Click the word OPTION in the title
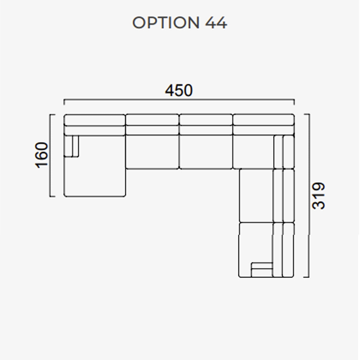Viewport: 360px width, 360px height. click(x=166, y=23)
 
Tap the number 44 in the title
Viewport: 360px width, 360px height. click(x=216, y=23)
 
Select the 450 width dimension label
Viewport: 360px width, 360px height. click(x=179, y=90)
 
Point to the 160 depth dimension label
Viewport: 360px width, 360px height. click(x=41, y=155)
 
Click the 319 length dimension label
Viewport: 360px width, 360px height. click(x=319, y=196)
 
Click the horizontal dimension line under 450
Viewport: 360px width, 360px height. click(x=179, y=99)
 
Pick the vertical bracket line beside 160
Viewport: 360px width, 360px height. click(x=50, y=155)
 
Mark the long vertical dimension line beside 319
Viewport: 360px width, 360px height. click(x=309, y=195)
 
